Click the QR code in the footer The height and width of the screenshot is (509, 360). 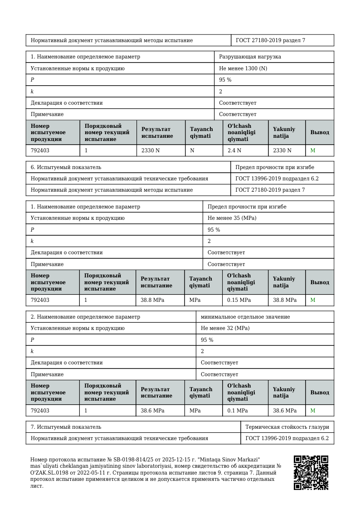(x=311, y=473)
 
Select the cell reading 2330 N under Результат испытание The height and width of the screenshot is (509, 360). (x=151, y=150)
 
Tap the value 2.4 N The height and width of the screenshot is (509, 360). (x=234, y=150)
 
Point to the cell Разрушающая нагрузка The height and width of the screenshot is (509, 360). (x=250, y=57)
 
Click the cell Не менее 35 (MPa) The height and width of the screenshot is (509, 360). (x=231, y=218)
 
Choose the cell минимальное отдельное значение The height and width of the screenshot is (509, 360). (x=245, y=317)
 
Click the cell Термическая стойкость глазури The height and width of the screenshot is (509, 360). (x=287, y=427)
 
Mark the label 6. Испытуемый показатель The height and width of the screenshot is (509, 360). (x=63, y=167)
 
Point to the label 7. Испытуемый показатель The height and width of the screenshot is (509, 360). (x=63, y=427)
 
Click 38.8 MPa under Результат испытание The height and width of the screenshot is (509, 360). (x=152, y=300)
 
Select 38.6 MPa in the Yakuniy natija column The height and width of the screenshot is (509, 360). (x=285, y=411)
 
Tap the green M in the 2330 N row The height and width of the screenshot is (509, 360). (x=312, y=150)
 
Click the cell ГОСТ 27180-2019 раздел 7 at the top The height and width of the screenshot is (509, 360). (x=270, y=40)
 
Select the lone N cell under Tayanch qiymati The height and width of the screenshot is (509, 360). (x=192, y=150)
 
